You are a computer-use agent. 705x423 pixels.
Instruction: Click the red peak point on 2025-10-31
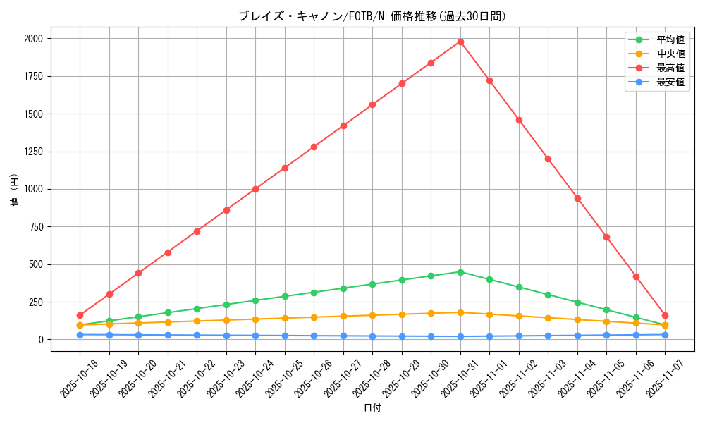(460, 42)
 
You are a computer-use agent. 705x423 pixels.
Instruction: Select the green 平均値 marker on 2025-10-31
(460, 272)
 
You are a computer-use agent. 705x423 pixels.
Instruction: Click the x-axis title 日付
(372, 408)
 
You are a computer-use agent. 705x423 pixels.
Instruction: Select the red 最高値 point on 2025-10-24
(255, 189)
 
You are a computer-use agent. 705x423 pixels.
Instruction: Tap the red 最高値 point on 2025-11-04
(577, 198)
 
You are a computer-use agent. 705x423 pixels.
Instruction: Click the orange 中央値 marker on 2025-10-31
(460, 312)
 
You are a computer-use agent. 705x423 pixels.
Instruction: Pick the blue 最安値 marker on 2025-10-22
(197, 336)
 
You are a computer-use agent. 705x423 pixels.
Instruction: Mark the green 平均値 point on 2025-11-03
(548, 295)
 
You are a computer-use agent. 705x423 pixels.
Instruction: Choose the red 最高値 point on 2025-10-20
(138, 273)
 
